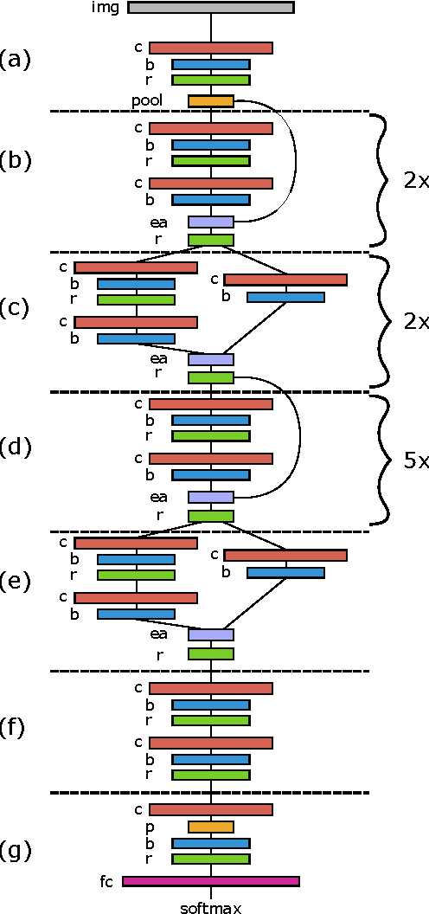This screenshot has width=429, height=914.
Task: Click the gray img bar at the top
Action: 211,8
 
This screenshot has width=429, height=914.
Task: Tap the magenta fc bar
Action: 211,881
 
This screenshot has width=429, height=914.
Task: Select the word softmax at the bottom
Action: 211,907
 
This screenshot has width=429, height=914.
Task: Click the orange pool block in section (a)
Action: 211,101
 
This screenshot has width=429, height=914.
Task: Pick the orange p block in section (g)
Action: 211,827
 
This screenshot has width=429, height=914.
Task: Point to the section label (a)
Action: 16,59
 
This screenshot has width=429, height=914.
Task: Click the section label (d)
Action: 16,447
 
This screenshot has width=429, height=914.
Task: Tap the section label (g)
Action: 16,850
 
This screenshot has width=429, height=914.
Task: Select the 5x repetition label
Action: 416,460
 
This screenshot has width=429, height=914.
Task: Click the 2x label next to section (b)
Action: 416,181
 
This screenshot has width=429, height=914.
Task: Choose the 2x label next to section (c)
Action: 416,321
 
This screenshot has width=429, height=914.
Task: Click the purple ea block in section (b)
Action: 211,222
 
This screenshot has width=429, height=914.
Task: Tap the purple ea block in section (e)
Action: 211,634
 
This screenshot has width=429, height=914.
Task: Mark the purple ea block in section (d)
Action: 211,497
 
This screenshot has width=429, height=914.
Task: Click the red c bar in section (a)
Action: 211,48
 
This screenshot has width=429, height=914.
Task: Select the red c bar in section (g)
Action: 211,809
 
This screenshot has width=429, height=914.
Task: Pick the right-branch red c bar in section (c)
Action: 285,280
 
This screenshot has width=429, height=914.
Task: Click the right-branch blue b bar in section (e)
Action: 285,572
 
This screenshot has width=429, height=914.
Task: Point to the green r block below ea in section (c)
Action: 211,377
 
